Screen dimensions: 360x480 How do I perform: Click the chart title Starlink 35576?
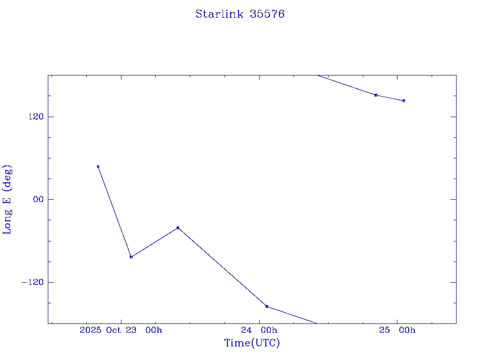click(x=240, y=14)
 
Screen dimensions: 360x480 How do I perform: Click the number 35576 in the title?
click(x=267, y=14)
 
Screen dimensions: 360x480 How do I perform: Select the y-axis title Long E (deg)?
click(x=7, y=199)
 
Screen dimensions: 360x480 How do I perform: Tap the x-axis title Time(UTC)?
click(x=252, y=343)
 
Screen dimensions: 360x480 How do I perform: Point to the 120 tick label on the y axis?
click(x=37, y=117)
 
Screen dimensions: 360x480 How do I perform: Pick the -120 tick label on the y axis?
click(x=35, y=282)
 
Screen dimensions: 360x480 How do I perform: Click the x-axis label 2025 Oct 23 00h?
click(x=121, y=330)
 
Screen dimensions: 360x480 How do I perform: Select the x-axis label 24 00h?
click(x=259, y=330)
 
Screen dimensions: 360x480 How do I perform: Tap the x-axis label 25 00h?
click(x=397, y=330)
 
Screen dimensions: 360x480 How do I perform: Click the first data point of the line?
click(x=98, y=166)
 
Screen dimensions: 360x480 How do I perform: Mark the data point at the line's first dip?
click(x=131, y=257)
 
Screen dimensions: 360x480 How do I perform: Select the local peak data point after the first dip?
click(x=178, y=228)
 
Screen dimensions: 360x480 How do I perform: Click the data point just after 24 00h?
click(x=267, y=307)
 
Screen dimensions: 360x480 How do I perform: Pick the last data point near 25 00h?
click(x=404, y=101)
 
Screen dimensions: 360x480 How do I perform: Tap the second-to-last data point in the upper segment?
click(x=376, y=95)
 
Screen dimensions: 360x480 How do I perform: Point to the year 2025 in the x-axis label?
click(x=91, y=330)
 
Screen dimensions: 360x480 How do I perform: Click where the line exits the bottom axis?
click(x=317, y=323)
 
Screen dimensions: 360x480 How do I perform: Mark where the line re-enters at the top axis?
click(x=317, y=75)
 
